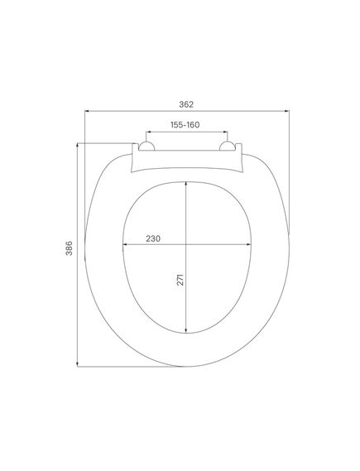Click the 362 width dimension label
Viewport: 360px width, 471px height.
click(186, 104)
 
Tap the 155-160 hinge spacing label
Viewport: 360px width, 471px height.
click(185, 125)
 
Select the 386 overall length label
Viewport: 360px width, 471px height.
click(69, 248)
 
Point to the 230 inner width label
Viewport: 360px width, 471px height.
click(153, 238)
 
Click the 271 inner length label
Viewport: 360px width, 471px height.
click(180, 279)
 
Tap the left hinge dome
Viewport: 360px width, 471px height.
click(146, 146)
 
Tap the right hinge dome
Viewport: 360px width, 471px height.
click(227, 146)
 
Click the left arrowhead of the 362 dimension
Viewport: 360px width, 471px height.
click(87, 111)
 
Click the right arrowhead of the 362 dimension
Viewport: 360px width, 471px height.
click(286, 111)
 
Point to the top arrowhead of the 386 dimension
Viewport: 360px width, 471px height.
click(78, 146)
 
